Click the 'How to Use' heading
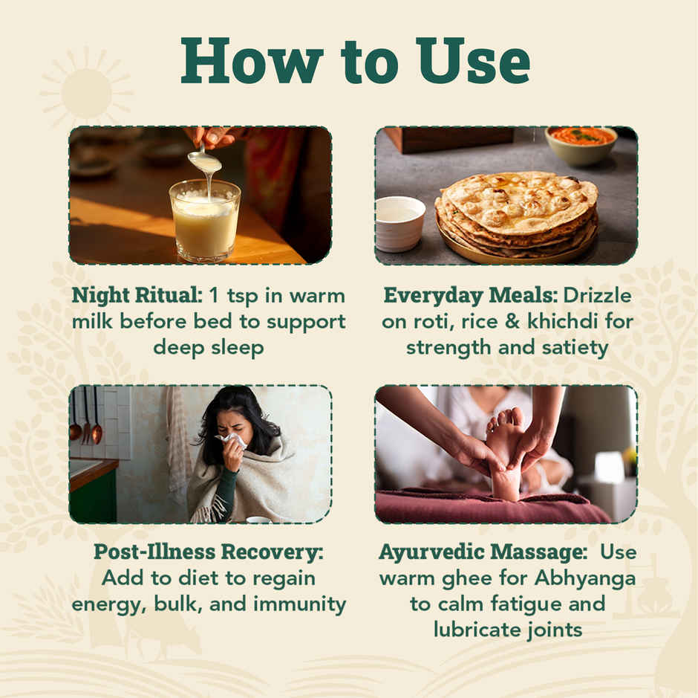[x=355, y=61]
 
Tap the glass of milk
[x=205, y=220]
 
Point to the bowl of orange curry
[x=581, y=144]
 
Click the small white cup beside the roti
[x=399, y=224]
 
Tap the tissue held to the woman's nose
[x=232, y=440]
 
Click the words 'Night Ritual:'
[x=137, y=295]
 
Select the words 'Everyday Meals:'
[x=471, y=295]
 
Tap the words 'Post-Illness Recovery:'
[x=209, y=552]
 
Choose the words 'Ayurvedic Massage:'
[x=483, y=552]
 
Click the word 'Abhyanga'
[x=585, y=578]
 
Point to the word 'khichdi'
[x=563, y=321]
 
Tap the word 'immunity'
[x=299, y=604]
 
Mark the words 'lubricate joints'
[x=508, y=630]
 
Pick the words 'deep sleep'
[x=209, y=348]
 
